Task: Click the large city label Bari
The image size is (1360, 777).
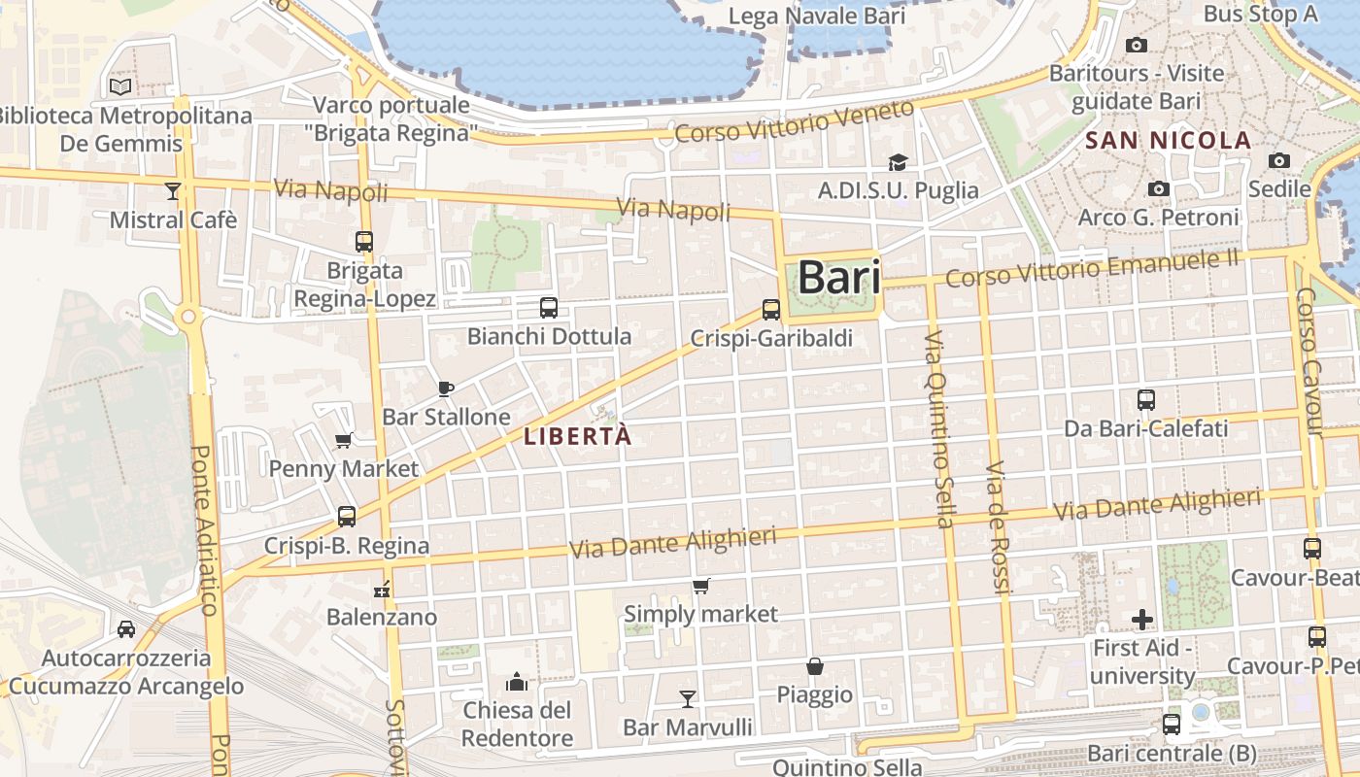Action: point(839,279)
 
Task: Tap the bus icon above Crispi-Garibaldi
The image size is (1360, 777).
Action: point(771,310)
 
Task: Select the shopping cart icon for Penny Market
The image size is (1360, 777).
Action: point(343,441)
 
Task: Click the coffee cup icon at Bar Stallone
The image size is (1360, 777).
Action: point(446,388)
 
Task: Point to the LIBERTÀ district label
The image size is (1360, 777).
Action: point(578,436)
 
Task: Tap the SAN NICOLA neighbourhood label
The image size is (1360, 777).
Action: point(1168,141)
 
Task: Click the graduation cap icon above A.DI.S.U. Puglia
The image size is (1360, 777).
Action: point(898,162)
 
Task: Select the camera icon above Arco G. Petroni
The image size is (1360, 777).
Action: point(1158,188)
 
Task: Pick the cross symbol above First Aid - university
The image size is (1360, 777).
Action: point(1142,619)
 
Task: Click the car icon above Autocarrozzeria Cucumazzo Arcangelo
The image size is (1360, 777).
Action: point(126,629)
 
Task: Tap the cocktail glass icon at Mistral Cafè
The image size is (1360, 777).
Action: point(173,191)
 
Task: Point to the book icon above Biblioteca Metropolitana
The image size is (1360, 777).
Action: point(120,87)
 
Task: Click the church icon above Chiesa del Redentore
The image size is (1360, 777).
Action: point(517,683)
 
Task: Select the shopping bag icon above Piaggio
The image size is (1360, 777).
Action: point(815,666)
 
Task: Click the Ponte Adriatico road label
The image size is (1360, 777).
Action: point(204,529)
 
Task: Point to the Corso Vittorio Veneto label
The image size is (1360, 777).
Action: point(795,122)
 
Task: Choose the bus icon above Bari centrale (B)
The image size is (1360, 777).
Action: point(1172,725)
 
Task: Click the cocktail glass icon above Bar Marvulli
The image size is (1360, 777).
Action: point(688,698)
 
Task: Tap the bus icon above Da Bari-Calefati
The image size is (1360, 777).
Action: point(1146,399)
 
